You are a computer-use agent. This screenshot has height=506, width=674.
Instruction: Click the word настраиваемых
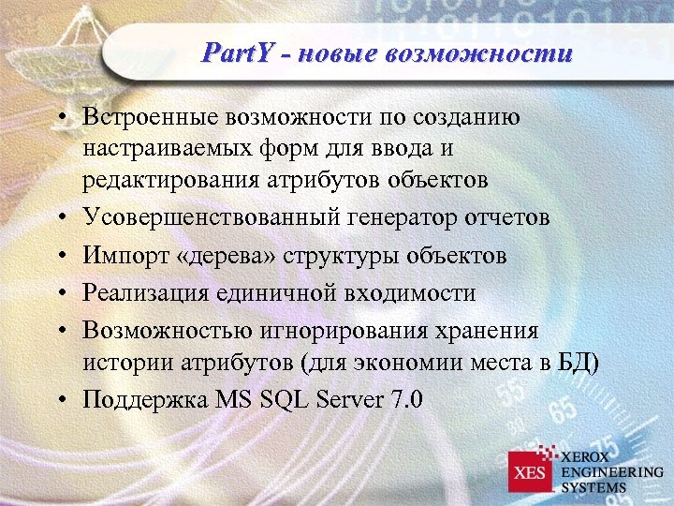pyautogui.click(x=168, y=148)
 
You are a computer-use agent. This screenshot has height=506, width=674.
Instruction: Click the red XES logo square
pyautogui.click(x=530, y=471)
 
